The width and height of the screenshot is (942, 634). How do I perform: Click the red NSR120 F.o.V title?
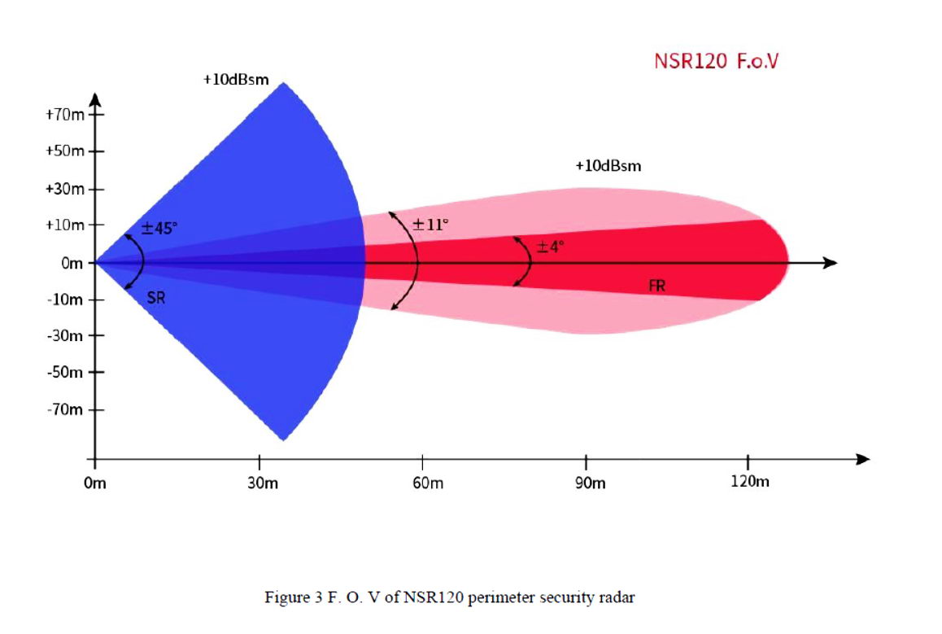tap(716, 61)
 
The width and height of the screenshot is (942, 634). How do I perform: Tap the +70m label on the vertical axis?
tap(65, 115)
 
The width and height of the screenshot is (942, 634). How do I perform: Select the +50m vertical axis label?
tap(65, 151)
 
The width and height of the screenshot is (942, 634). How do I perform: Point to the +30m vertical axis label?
tap(65, 189)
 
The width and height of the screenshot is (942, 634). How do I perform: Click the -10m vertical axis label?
tap(66, 300)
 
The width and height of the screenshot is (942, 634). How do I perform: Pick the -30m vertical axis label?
tap(66, 335)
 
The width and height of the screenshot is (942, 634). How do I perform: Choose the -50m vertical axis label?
tap(66, 373)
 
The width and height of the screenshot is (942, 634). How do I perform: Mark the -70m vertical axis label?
tap(66, 409)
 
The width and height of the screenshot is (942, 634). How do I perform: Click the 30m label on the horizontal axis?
tap(261, 483)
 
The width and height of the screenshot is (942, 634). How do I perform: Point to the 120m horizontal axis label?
tap(749, 482)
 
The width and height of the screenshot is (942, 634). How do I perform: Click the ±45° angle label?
tap(158, 229)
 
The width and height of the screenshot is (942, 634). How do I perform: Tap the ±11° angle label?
tap(430, 224)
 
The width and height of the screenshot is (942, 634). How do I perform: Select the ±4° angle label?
tap(549, 247)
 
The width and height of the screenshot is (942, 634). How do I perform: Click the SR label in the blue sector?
tap(156, 298)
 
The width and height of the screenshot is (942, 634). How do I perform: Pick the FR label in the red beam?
tap(657, 286)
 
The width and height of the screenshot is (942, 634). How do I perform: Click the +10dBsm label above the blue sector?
tap(236, 81)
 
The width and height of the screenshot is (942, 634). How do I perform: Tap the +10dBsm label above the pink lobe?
tap(608, 166)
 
